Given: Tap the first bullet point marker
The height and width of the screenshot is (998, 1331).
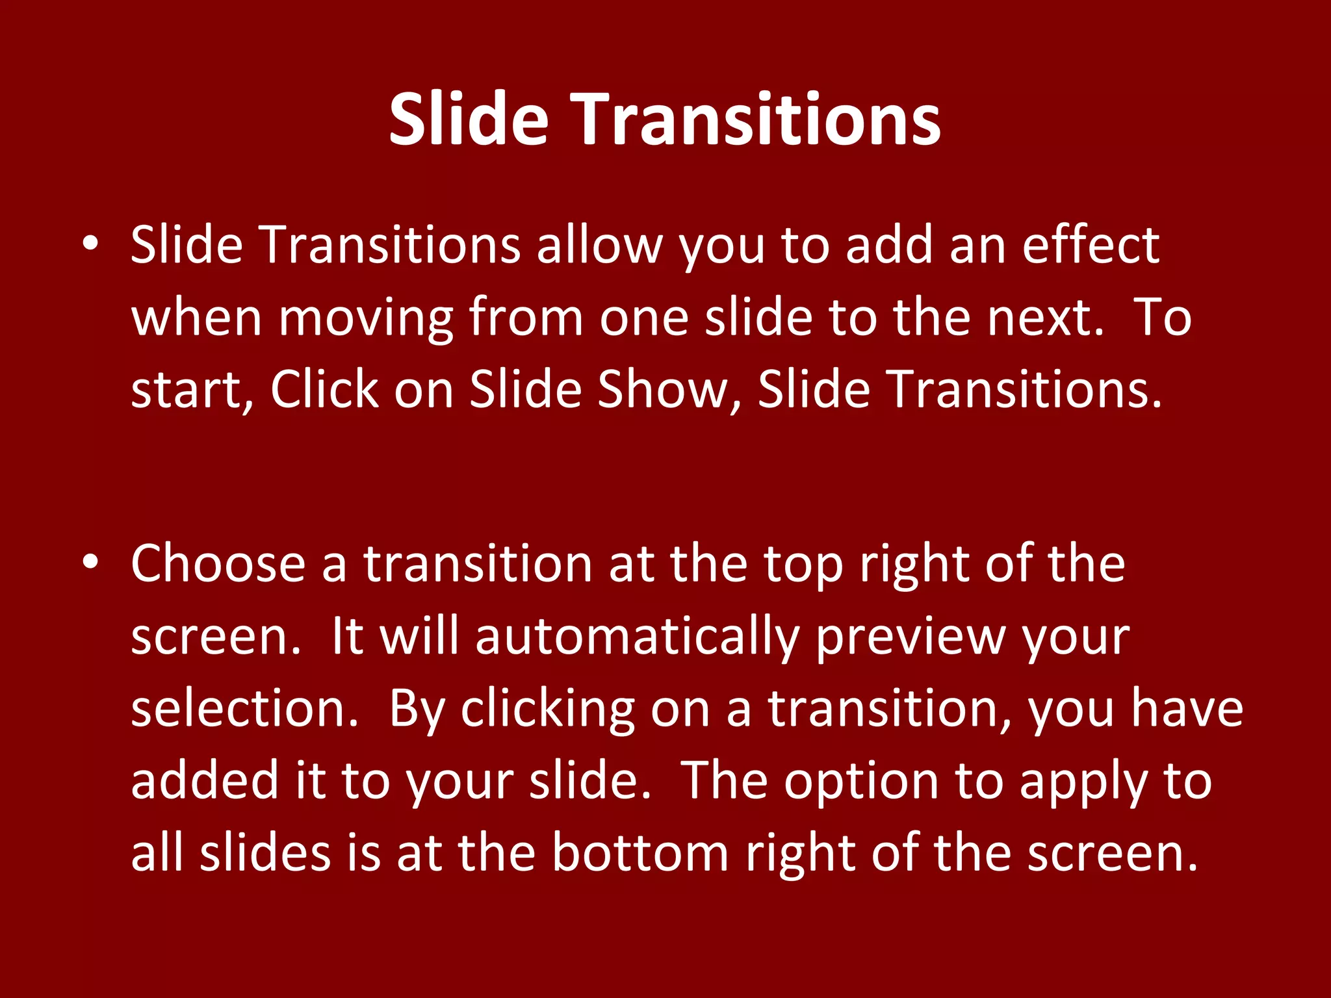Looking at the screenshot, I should click(x=90, y=243).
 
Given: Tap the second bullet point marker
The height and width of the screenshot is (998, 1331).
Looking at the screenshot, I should click(x=90, y=561).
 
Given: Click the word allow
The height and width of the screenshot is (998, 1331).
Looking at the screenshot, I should click(x=599, y=246).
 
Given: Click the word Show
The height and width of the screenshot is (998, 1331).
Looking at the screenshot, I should click(x=669, y=390).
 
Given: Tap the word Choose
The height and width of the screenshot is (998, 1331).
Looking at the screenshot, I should click(x=218, y=564).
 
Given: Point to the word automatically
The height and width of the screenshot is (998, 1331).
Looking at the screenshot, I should click(x=637, y=637).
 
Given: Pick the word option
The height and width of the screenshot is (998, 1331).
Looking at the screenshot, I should click(x=860, y=782).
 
